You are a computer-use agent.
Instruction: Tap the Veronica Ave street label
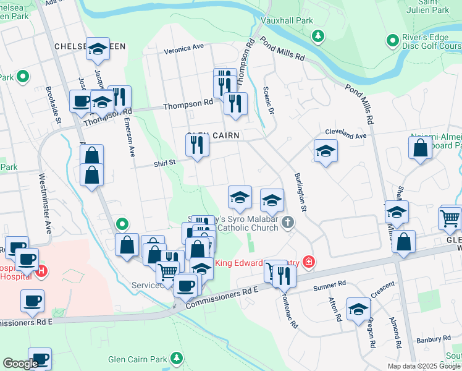[x=183, y=48]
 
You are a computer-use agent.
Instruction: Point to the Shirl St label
[x=165, y=164]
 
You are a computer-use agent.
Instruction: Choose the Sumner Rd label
[x=329, y=284]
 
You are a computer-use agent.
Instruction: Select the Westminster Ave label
[x=48, y=211]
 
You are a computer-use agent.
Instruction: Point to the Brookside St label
[x=53, y=106]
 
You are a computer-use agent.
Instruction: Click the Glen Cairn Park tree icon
[x=177, y=358]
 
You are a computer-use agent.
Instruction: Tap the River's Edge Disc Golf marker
[x=392, y=41]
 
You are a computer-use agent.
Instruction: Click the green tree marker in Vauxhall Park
[x=318, y=36]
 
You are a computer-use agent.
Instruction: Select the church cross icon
[x=287, y=222]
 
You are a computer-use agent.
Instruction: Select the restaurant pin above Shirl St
[x=197, y=146]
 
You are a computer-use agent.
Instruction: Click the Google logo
[x=20, y=364]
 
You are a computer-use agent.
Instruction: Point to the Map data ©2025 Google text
[x=424, y=366]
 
